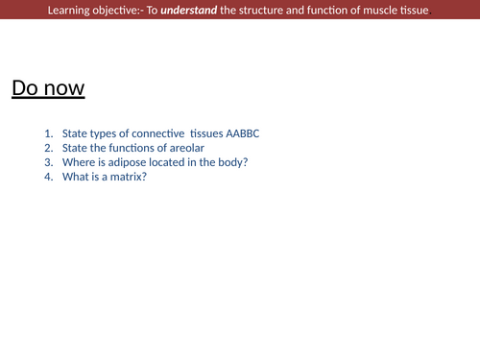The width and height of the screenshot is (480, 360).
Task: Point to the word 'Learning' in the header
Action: click(71, 11)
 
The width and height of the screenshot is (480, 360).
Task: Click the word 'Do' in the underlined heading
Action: click(26, 89)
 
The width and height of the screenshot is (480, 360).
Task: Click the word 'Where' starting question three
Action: click(78, 162)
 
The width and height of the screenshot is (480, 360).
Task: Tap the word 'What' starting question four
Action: click(76, 177)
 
